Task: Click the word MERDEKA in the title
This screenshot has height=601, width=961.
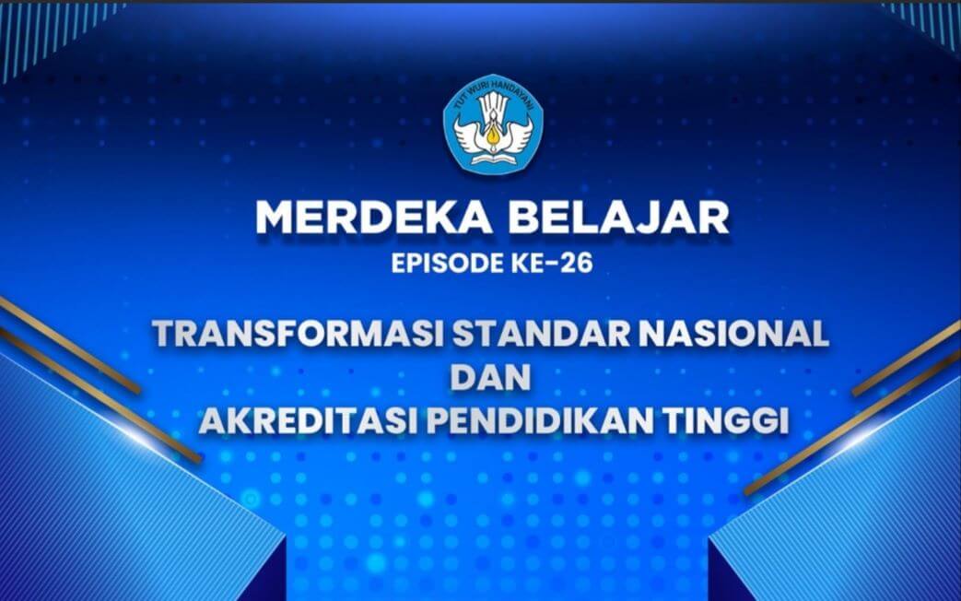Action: point(373,218)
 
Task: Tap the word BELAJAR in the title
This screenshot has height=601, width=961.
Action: point(619,218)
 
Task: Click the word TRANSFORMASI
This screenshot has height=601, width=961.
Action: point(299,335)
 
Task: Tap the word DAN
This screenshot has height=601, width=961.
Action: point(490,377)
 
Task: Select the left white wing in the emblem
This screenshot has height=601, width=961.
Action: point(468,132)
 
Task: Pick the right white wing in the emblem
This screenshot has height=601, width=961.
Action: point(511,132)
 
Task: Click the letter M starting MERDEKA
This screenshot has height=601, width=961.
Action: point(275,218)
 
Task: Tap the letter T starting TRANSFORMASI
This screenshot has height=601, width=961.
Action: point(166,335)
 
